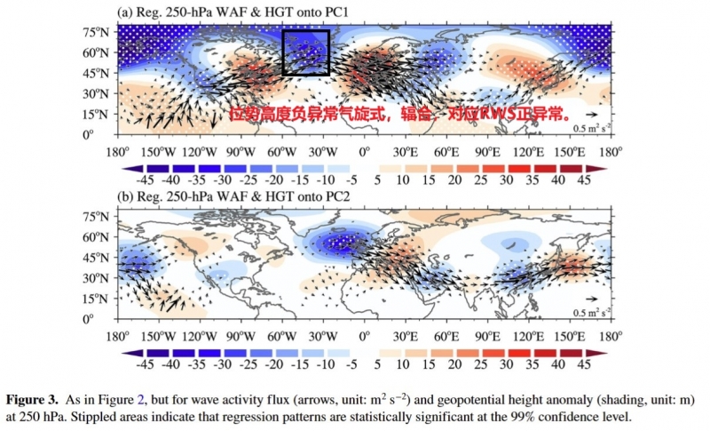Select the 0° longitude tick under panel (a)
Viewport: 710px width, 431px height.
[x=364, y=151]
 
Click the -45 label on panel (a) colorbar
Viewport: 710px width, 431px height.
[x=147, y=178]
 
